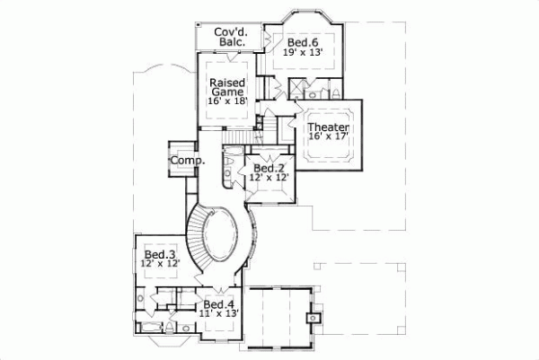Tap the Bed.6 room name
click(x=301, y=41)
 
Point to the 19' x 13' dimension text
click(x=302, y=52)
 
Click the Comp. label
click(x=187, y=161)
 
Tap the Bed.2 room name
click(x=269, y=168)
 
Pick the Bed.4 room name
click(x=219, y=304)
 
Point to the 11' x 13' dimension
click(x=219, y=315)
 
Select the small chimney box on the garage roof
click(x=313, y=316)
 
